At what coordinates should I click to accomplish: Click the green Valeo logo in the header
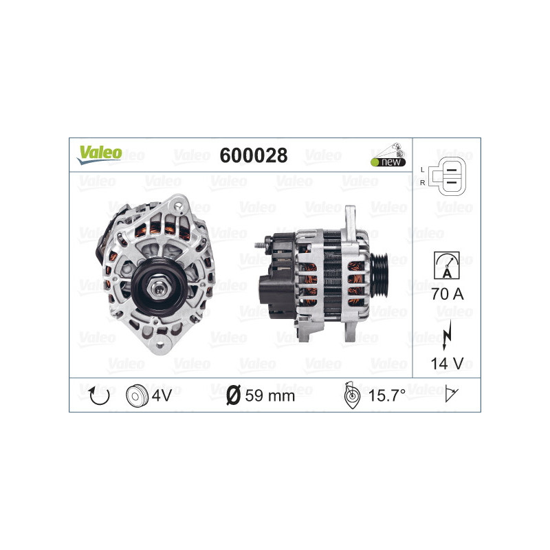(x=100, y=154)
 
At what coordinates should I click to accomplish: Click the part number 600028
(x=253, y=155)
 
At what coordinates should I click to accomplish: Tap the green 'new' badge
(x=387, y=162)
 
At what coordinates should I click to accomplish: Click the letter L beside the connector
(x=422, y=168)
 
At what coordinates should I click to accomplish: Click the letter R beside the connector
(x=422, y=182)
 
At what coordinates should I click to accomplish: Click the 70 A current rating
(x=447, y=295)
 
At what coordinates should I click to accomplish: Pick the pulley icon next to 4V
(x=136, y=395)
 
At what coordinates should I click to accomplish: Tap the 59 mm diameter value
(x=269, y=395)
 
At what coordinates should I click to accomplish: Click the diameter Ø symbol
(x=233, y=395)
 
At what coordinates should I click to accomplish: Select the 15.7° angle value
(x=386, y=395)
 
